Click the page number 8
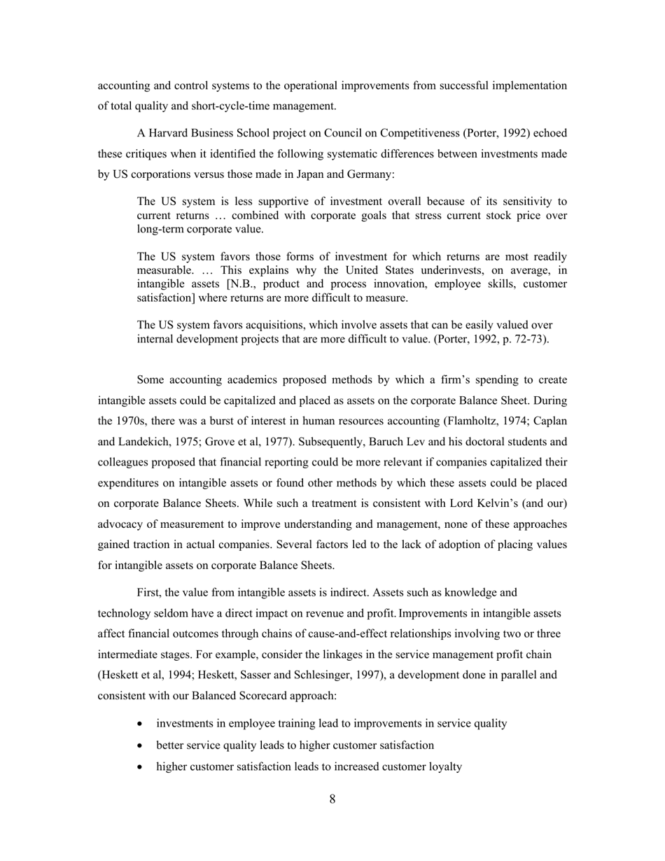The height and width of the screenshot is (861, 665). pyautogui.click(x=332, y=799)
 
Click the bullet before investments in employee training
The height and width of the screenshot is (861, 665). pyautogui.click(x=142, y=724)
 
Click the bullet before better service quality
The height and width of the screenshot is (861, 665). pyautogui.click(x=142, y=745)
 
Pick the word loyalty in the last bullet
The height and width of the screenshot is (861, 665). pyautogui.click(x=442, y=766)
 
